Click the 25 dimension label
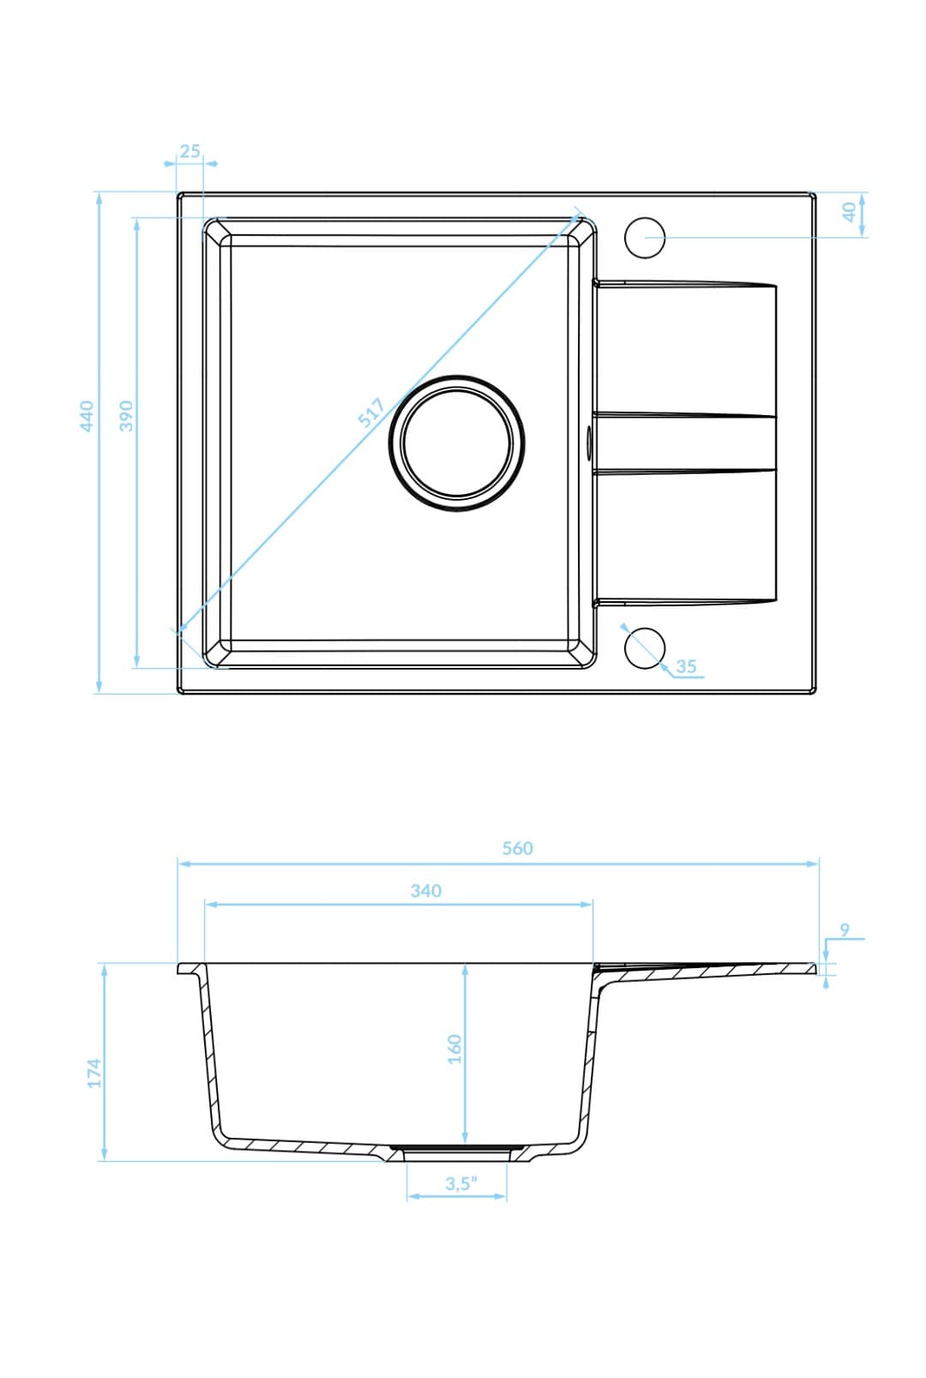point(189,151)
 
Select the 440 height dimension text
point(86,415)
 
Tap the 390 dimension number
point(126,415)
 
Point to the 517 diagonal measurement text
point(370,413)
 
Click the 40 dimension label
point(849,212)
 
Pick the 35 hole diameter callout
point(686,666)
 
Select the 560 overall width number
point(517,848)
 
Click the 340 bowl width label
point(425,891)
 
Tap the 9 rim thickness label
point(845,930)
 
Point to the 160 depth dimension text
point(454,1049)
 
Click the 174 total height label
point(94,1073)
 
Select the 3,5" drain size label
point(460,1183)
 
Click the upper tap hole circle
point(645,238)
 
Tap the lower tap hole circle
point(645,648)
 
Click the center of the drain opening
point(456,443)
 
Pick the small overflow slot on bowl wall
point(588,442)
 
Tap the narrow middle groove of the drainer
point(686,443)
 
